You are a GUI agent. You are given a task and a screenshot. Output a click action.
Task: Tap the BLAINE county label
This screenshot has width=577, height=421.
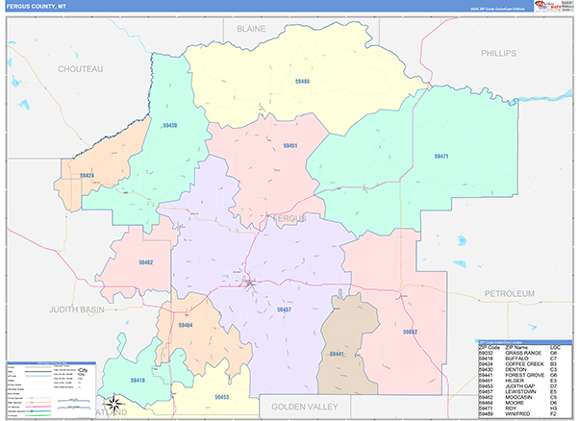point(251,30)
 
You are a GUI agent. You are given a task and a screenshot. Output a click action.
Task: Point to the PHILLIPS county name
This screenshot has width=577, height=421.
point(499,52)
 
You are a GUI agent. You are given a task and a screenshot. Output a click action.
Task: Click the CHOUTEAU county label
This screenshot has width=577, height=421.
point(80,69)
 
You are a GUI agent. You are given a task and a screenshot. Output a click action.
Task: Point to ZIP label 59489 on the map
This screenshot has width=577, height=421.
point(302,83)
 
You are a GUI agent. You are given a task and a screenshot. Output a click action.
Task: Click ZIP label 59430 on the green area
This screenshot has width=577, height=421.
point(169,126)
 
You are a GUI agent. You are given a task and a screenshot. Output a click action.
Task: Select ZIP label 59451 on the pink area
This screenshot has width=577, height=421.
point(289,145)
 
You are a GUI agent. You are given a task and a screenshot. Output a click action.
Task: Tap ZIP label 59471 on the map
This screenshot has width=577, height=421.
point(441,156)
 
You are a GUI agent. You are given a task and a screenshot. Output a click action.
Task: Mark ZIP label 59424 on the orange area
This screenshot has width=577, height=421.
point(87,176)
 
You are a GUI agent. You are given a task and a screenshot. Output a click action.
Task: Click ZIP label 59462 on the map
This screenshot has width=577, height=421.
point(145,261)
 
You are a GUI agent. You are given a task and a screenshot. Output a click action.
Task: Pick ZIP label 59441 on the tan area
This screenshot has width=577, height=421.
point(337,355)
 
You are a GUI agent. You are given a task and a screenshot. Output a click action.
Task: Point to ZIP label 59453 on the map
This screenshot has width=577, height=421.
point(222,396)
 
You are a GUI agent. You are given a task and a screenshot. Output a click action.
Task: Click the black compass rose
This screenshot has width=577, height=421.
point(113,401)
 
